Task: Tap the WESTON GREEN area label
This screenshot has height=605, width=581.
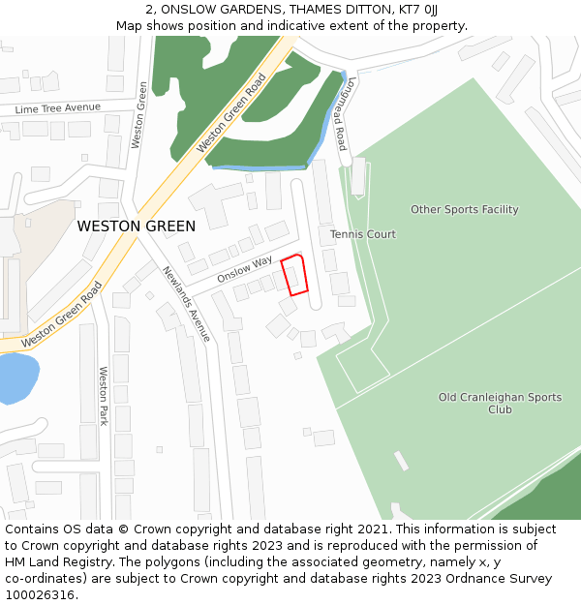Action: click(x=137, y=227)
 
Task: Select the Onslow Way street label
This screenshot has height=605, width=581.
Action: click(x=245, y=268)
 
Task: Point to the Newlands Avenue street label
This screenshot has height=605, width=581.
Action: click(x=186, y=304)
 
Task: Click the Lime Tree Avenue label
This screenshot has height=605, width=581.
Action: click(x=58, y=108)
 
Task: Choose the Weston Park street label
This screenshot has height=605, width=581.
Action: click(x=104, y=395)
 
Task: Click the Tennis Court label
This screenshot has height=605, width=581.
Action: click(x=363, y=234)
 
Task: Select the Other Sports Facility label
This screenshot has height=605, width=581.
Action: click(x=465, y=209)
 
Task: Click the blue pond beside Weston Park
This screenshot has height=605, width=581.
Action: click(x=16, y=377)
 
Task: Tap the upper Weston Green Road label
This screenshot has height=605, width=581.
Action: click(x=231, y=113)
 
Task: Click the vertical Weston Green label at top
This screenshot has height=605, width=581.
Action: click(x=138, y=114)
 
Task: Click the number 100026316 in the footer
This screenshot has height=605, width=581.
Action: click(x=39, y=595)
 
